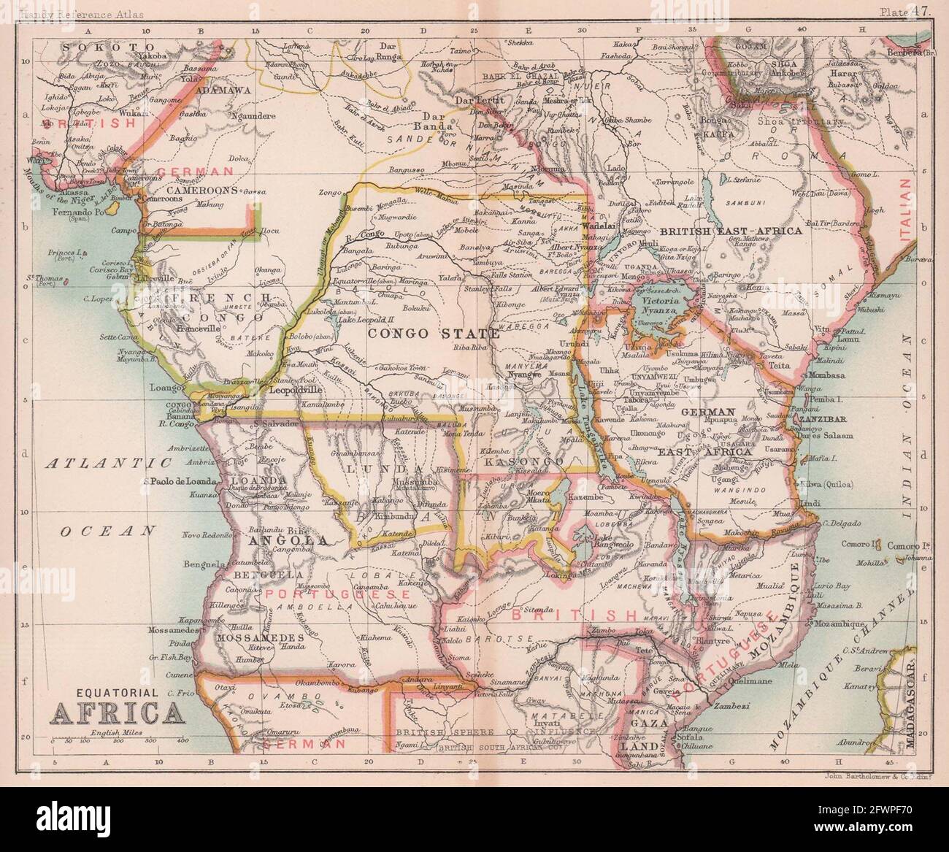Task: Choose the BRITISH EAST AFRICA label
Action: coord(731,230)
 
